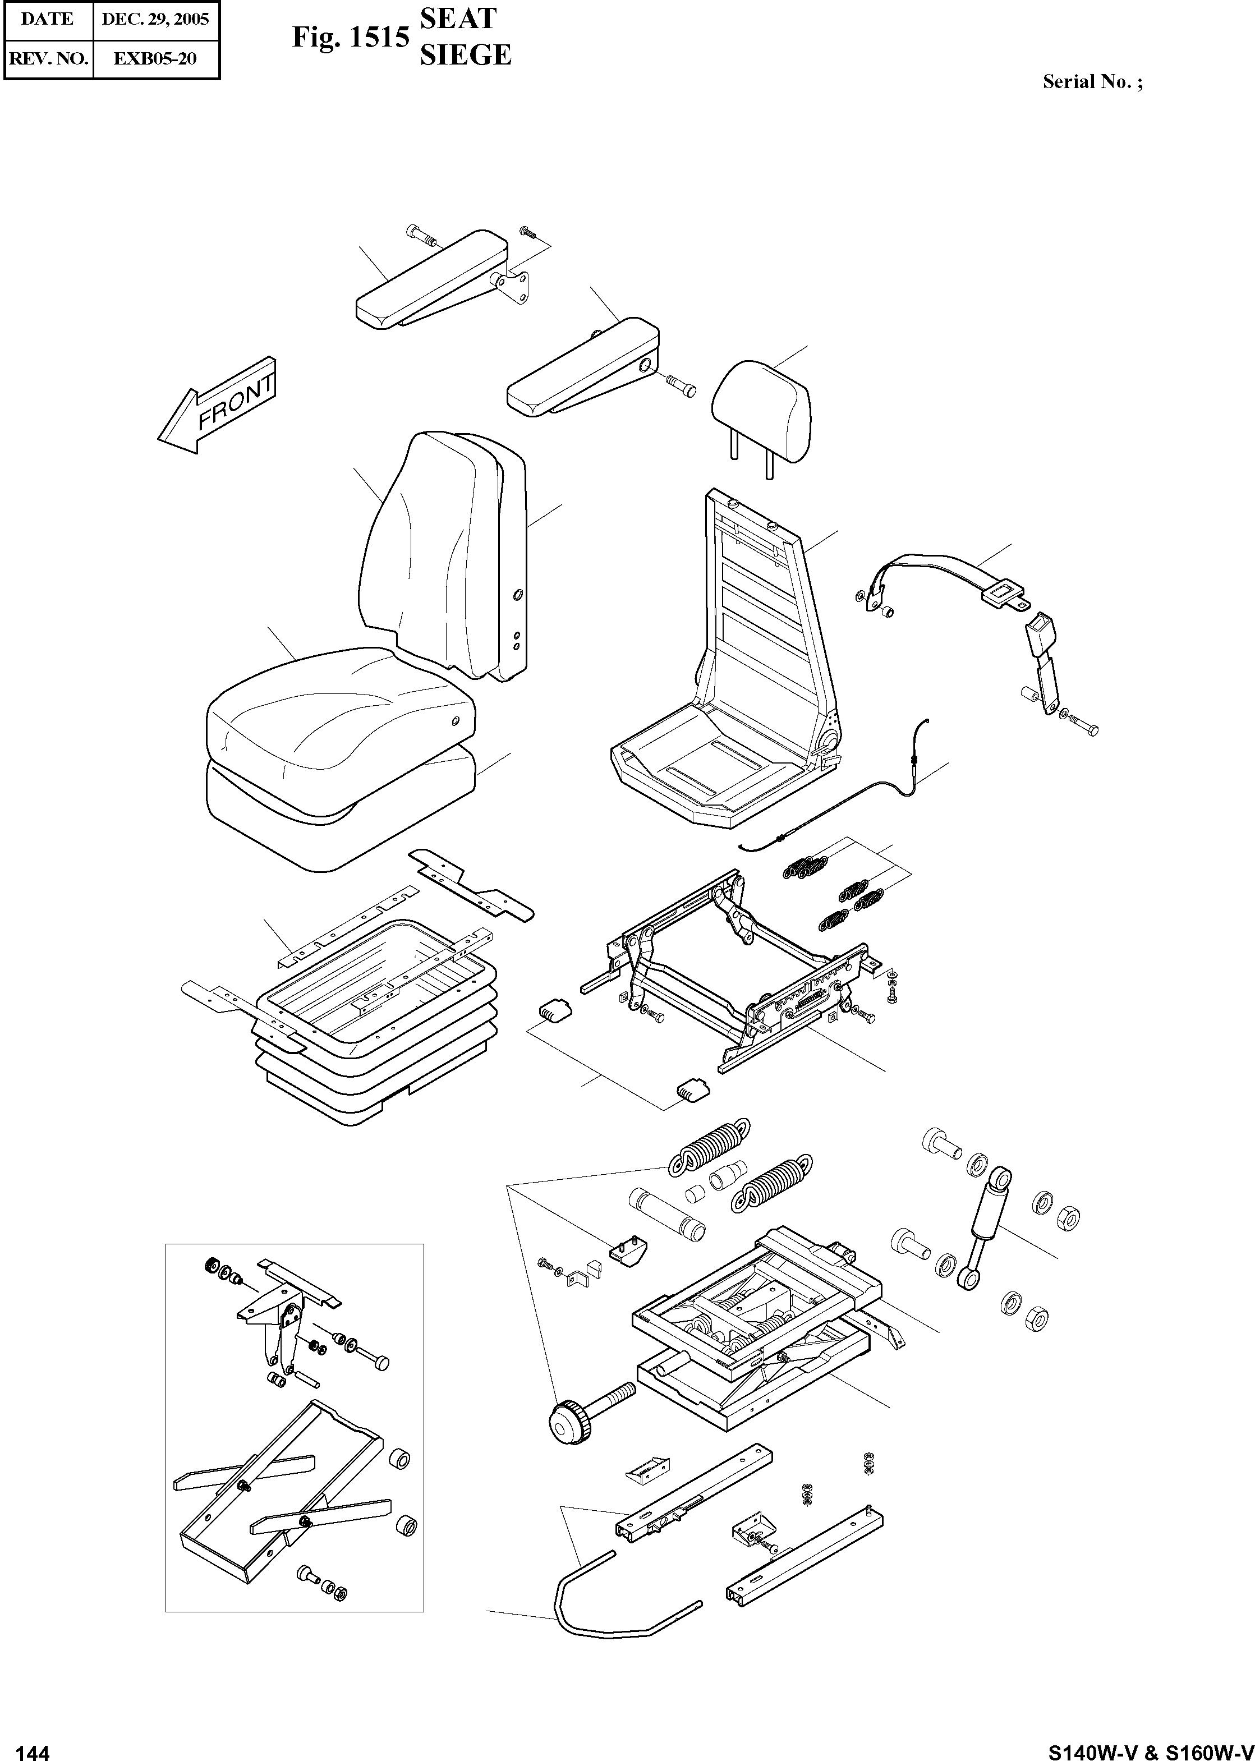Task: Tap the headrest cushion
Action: pyautogui.click(x=761, y=410)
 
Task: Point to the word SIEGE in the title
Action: pyautogui.click(x=465, y=55)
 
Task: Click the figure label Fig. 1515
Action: pyautogui.click(x=350, y=38)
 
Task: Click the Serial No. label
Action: pyautogui.click(x=1092, y=82)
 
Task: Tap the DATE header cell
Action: pyautogui.click(x=47, y=19)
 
